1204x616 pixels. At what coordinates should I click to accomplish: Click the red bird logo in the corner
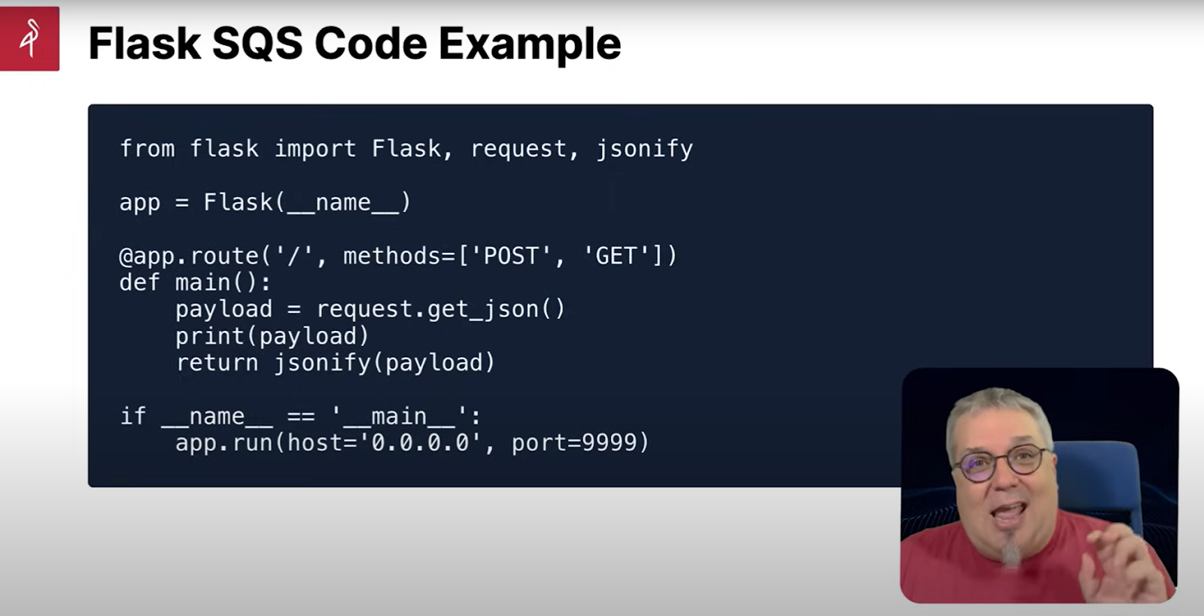[29, 38]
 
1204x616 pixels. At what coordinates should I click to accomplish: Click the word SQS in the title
[257, 44]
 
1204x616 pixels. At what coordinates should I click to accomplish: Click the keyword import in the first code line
[315, 149]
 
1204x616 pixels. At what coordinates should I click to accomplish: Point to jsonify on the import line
[644, 149]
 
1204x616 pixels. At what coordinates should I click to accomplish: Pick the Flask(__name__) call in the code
[307, 202]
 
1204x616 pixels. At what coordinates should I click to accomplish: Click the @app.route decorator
[189, 256]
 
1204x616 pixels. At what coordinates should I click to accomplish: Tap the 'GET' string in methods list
[616, 256]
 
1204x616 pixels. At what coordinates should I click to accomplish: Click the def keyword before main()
[139, 283]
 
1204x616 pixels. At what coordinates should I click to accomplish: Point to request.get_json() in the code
[440, 309]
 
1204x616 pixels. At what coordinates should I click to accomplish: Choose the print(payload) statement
[272, 336]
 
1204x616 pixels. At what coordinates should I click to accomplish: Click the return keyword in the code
[217, 363]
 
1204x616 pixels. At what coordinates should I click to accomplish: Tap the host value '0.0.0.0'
[421, 443]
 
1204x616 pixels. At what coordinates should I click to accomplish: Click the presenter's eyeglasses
[1002, 463]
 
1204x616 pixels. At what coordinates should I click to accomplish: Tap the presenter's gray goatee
[1011, 549]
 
